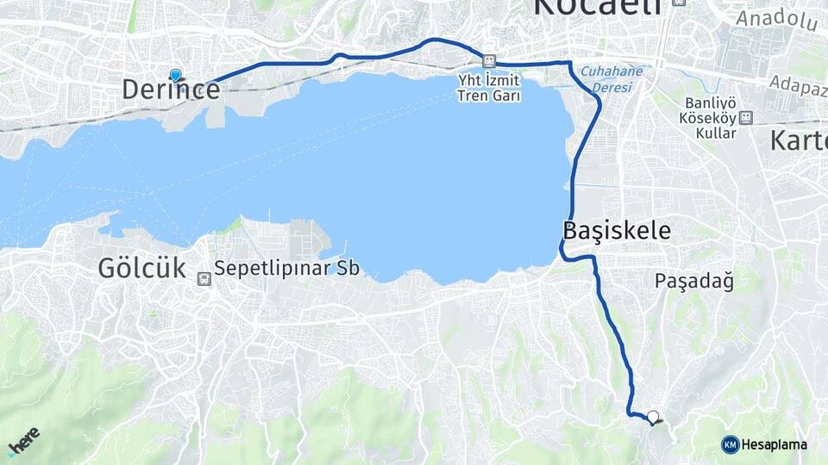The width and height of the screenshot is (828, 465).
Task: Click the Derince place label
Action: tap(171, 90)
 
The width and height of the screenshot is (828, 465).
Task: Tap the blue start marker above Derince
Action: tap(176, 76)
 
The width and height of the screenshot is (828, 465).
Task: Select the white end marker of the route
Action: tap(653, 417)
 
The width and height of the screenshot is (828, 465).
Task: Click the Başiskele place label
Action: tap(616, 231)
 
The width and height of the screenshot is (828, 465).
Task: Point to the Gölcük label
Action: tap(141, 268)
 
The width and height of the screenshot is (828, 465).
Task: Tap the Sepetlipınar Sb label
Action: tap(286, 268)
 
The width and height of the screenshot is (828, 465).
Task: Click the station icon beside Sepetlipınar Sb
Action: tap(204, 278)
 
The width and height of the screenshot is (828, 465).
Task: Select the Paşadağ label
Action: tap(693, 281)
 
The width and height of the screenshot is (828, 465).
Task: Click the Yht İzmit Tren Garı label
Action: tap(489, 87)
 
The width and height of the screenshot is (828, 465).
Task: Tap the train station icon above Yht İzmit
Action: tap(489, 62)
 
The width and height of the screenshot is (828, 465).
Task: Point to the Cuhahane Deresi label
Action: tap(612, 78)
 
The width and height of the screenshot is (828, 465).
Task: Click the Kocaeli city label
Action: tap(598, 7)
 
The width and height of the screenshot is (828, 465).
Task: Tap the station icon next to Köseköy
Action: tap(746, 118)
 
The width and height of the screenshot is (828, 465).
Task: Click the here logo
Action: tap(22, 442)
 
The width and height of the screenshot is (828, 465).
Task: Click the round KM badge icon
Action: tap(730, 444)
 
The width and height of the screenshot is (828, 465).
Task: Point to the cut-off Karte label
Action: tap(798, 140)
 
